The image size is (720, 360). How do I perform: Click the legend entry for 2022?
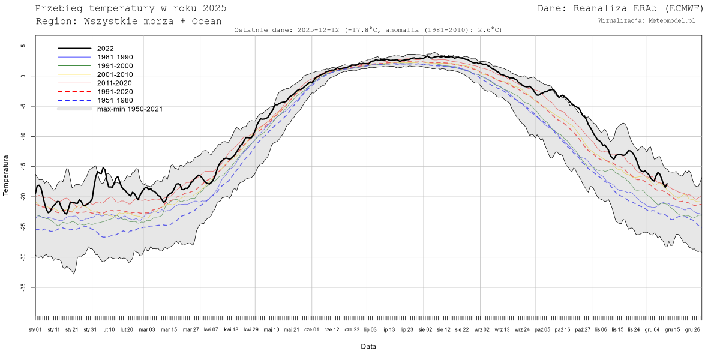click(x=105, y=49)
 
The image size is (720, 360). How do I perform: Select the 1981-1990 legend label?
click(x=115, y=57)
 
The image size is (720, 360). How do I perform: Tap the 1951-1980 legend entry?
click(x=115, y=100)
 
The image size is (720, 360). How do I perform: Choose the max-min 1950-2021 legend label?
click(x=130, y=109)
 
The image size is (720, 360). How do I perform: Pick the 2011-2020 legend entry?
click(x=115, y=83)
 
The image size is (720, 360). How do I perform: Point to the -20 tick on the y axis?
click(x=23, y=197)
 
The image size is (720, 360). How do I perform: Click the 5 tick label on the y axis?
click(x=23, y=46)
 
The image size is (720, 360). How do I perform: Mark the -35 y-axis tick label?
click(x=23, y=287)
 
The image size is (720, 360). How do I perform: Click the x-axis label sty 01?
click(x=35, y=329)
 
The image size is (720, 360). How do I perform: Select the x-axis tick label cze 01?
click(x=311, y=329)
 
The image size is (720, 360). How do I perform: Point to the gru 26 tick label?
click(x=693, y=329)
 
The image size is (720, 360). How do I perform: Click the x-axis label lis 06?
click(x=600, y=329)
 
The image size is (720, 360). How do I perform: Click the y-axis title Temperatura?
click(x=7, y=175)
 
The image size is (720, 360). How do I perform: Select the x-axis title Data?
click(x=368, y=347)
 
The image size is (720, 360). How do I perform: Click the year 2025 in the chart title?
click(x=215, y=8)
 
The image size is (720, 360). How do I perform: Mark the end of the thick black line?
click(x=667, y=184)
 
